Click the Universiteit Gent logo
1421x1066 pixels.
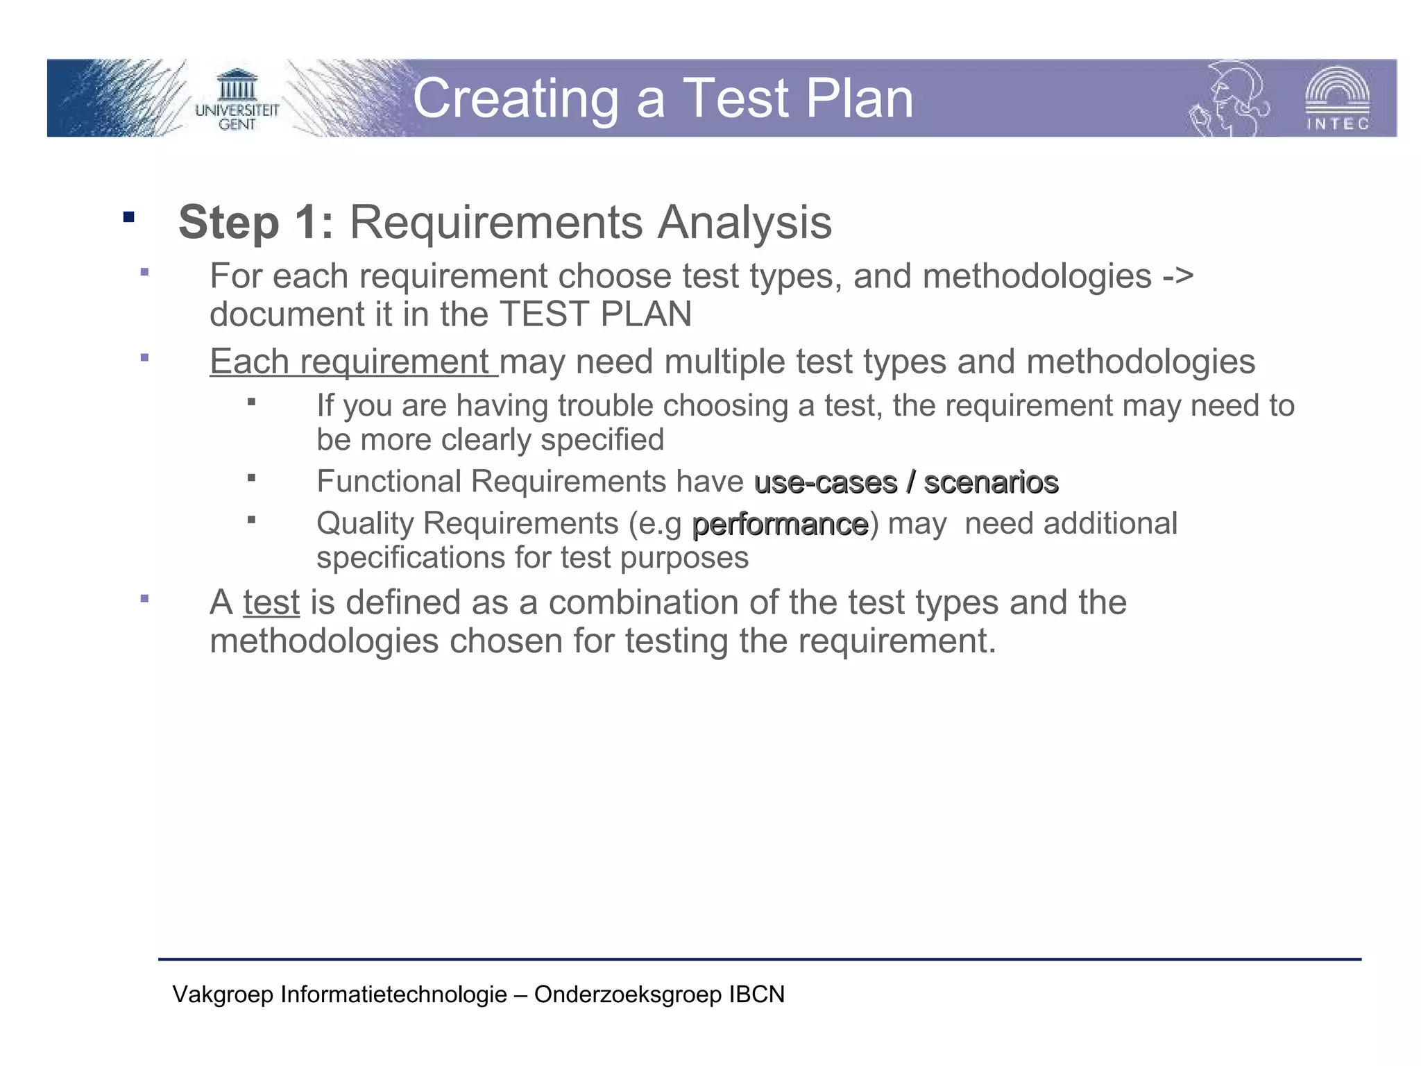pos(237,99)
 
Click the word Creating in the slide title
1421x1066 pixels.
pos(515,99)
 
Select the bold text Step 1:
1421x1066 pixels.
pos(255,223)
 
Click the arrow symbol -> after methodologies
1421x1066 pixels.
pos(1177,276)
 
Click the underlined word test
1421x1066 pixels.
pos(271,602)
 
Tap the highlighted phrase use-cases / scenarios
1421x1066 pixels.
pos(905,482)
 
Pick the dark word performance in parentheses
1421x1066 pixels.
pos(780,525)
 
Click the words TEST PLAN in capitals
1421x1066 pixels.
pos(595,314)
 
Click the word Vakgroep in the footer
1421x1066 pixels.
pos(223,995)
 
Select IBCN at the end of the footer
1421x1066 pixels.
pos(756,995)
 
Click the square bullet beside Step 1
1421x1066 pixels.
pos(128,217)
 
